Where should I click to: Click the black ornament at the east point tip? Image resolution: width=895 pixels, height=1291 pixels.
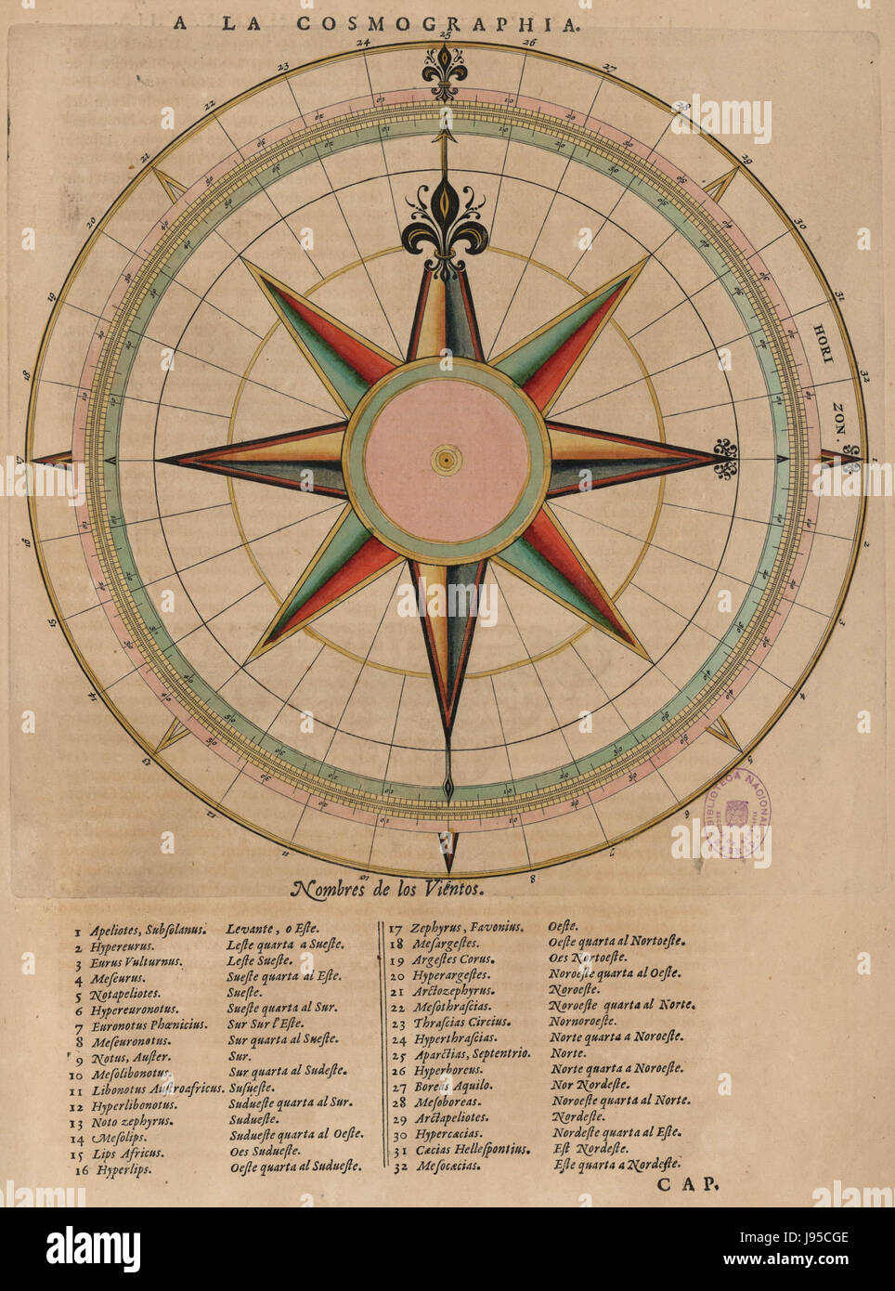725,459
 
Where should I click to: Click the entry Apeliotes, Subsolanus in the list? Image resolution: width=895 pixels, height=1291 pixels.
140,927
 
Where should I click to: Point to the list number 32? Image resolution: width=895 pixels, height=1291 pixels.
396,1165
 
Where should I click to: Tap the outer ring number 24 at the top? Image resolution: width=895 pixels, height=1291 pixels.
363,43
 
